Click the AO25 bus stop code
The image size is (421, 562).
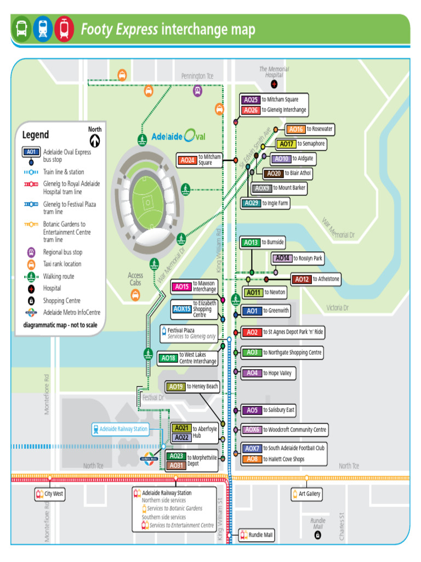[x=251, y=100]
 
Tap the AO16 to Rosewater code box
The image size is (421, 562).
[x=295, y=130]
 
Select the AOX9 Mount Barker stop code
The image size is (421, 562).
[x=262, y=188]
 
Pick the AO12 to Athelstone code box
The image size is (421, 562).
[x=301, y=279]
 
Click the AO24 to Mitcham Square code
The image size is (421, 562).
[x=187, y=160]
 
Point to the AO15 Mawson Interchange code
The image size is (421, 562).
[x=181, y=286]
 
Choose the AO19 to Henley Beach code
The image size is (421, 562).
[x=175, y=387]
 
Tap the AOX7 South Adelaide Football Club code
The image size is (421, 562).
[x=252, y=448]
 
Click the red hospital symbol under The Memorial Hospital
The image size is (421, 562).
[x=274, y=85]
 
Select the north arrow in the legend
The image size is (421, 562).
[x=95, y=141]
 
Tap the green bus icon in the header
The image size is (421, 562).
[x=22, y=29]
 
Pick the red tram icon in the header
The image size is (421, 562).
[x=64, y=29]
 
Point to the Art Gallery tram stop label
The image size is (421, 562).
[x=306, y=494]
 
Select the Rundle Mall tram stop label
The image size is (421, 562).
[x=257, y=535]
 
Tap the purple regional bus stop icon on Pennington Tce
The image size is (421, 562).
[x=198, y=91]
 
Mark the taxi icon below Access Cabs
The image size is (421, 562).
[x=135, y=295]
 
